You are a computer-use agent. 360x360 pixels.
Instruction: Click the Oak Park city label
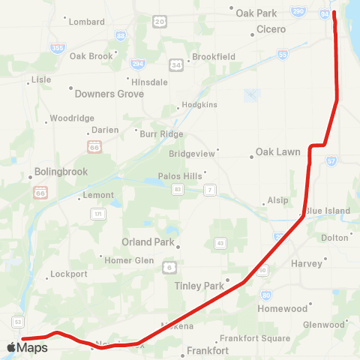coord(256,13)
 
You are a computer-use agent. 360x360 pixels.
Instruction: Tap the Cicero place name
coord(271,29)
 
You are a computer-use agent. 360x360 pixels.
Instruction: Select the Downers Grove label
coord(109,94)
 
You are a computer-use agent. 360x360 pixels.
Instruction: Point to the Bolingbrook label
coord(61,171)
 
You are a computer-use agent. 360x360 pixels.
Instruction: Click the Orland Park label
coord(148,242)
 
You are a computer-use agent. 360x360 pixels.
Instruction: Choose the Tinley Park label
coord(199,286)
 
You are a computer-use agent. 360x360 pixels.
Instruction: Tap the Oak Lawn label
coord(277,151)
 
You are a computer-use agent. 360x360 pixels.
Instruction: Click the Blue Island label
coord(327,211)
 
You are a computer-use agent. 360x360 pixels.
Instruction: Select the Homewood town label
coord(283,308)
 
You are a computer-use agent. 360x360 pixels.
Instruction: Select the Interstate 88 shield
coord(121,36)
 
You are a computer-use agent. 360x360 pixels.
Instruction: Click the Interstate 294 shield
coord(136,64)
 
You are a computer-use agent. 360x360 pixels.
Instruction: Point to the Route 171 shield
coord(98,214)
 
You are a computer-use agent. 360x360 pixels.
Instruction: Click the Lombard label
coord(86,22)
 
